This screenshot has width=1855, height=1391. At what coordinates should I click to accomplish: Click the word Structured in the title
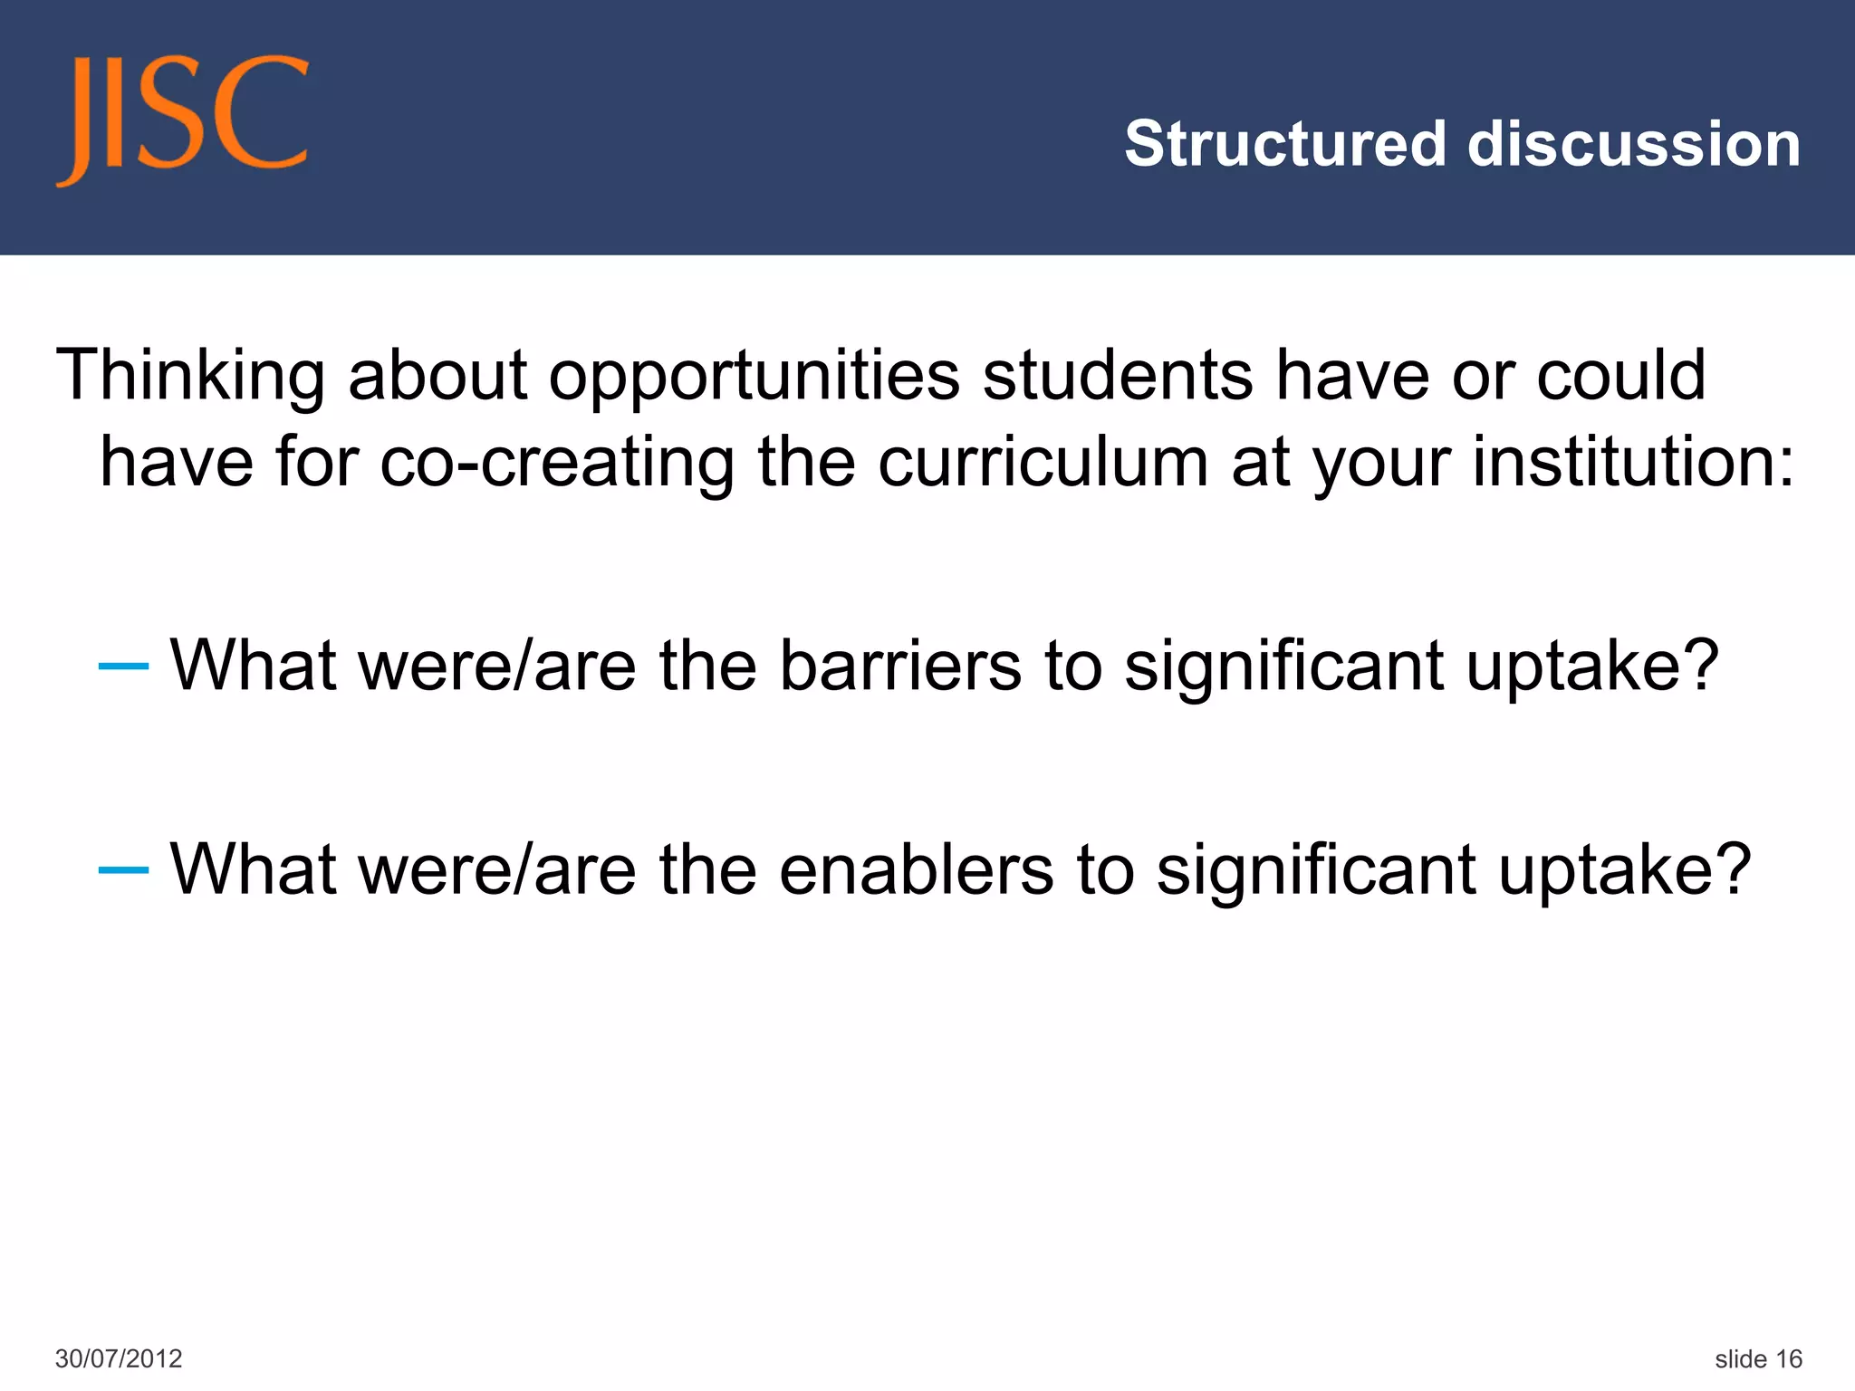point(1285,144)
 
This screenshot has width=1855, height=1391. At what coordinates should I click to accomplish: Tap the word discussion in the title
point(1634,144)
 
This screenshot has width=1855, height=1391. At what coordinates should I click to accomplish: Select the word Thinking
point(191,377)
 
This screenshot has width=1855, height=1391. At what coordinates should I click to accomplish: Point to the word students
point(1118,375)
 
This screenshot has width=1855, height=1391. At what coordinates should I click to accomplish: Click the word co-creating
point(556,462)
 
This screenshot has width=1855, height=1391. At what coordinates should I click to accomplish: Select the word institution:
point(1633,462)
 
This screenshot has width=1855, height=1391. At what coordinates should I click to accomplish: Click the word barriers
point(900,666)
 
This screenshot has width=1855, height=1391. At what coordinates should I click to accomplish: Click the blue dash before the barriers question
point(123,667)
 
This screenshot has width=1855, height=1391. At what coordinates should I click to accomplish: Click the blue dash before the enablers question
point(123,870)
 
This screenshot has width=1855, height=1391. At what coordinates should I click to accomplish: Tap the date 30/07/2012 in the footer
point(119,1358)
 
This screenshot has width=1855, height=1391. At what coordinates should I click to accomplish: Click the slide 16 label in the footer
point(1758,1358)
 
